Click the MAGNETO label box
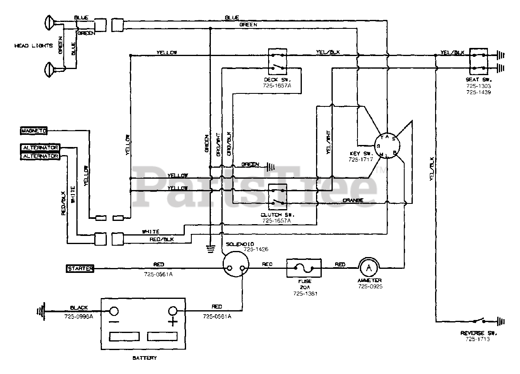[x=34, y=131]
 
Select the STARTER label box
[x=80, y=268]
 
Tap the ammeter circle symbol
[x=368, y=268]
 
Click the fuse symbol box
[x=304, y=268]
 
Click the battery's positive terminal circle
[x=173, y=311]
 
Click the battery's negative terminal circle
[x=114, y=311]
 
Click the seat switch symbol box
[x=478, y=61]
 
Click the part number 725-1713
[x=478, y=339]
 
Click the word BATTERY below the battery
[x=144, y=358]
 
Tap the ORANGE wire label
[x=353, y=200]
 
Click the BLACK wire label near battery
[x=79, y=308]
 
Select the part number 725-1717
[x=360, y=160]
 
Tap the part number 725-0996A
[x=79, y=316]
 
